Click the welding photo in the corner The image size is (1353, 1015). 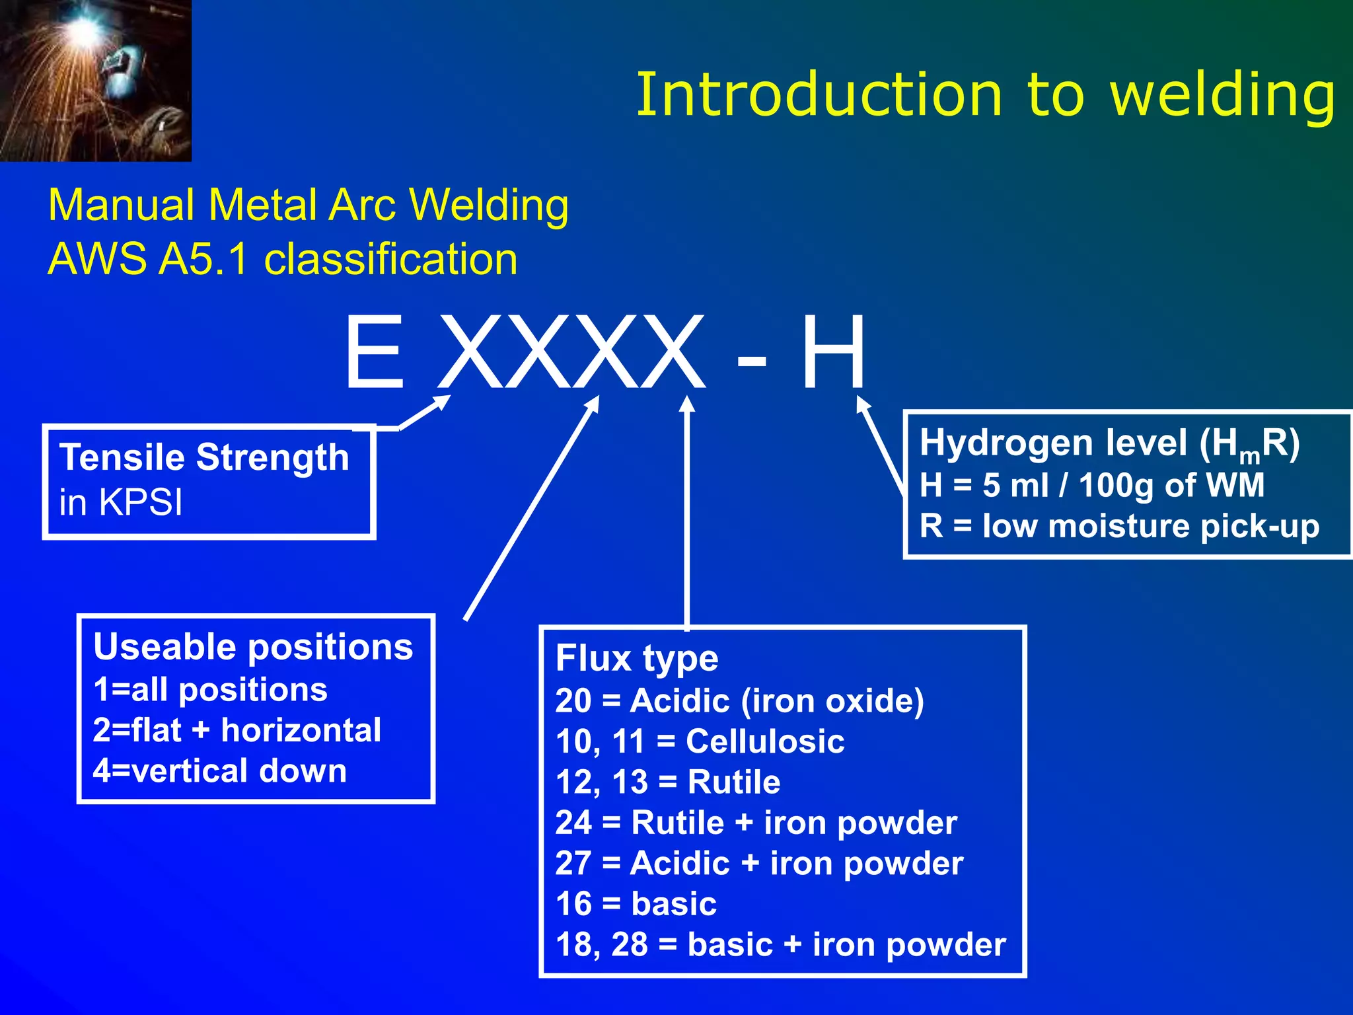[95, 80]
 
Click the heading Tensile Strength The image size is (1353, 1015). [204, 457]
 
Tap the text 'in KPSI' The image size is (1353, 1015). [120, 502]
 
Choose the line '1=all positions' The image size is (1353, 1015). [210, 690]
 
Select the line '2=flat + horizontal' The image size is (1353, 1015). [237, 730]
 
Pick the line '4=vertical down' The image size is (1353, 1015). [219, 771]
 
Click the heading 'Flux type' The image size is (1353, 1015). [636, 658]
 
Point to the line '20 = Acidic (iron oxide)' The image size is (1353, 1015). [739, 700]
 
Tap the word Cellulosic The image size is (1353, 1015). [765, 741]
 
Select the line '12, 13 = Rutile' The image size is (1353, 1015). [667, 782]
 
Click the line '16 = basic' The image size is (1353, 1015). [636, 904]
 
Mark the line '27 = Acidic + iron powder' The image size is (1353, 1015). [759, 864]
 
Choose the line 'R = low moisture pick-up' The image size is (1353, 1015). [1119, 527]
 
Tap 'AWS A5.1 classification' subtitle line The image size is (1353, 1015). [283, 259]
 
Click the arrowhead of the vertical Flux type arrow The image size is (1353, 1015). [687, 403]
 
